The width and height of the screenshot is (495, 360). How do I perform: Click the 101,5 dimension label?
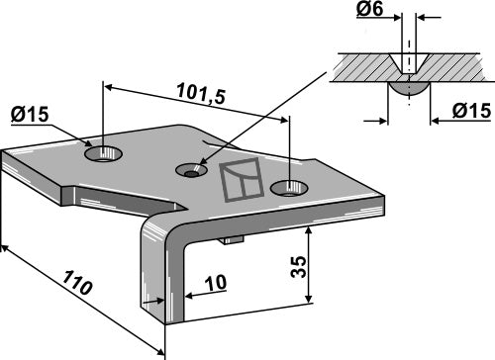point(201,94)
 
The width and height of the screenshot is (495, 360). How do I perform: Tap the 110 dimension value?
point(76,283)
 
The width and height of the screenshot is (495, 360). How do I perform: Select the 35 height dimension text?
point(299,267)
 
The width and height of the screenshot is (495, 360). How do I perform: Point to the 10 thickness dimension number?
point(216,283)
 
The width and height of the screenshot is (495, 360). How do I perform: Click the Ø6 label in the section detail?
point(369,9)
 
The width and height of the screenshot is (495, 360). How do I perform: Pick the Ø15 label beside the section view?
point(471,110)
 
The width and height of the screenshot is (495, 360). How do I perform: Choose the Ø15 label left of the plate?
point(30,115)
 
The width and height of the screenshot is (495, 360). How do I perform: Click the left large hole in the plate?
point(103,154)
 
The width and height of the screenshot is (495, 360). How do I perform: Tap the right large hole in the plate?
point(289,189)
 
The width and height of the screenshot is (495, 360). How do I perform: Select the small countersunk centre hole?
point(191,170)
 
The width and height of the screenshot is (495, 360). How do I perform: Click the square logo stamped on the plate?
point(242,180)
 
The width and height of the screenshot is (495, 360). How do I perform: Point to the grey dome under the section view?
point(410,88)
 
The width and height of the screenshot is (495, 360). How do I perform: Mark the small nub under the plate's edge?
point(232,239)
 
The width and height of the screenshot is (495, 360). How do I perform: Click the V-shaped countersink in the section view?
point(410,63)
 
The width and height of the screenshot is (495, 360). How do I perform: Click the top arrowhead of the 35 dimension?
point(308,230)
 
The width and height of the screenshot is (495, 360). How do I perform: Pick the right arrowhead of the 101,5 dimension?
point(283,120)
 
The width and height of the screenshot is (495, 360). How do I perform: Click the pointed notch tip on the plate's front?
point(186,209)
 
